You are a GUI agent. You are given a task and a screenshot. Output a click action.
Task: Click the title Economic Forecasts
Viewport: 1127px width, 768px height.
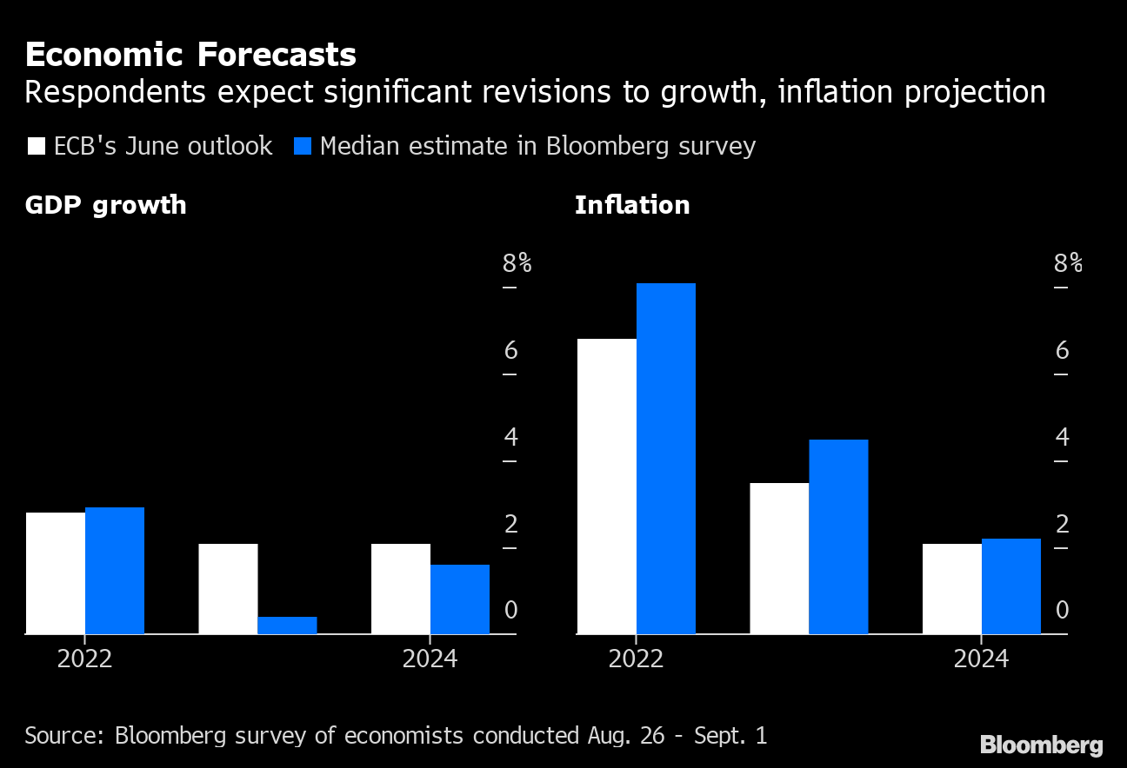(190, 55)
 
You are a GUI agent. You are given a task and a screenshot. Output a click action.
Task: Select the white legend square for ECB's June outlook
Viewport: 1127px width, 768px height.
(37, 146)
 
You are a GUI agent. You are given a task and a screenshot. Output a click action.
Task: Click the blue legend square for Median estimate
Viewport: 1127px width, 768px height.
(302, 146)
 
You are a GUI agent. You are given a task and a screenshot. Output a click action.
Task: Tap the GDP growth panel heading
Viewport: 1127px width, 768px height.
(105, 205)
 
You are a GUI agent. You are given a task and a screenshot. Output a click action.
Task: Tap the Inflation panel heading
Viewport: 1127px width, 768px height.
(631, 205)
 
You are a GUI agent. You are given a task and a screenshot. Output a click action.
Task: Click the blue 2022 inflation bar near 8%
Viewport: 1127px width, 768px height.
(665, 458)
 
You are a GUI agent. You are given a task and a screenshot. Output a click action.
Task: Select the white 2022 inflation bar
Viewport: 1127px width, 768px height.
(606, 487)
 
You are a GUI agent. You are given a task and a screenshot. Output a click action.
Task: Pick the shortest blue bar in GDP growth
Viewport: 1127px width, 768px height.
(287, 626)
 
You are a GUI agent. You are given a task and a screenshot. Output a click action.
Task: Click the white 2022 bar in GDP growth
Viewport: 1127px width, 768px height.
(55, 573)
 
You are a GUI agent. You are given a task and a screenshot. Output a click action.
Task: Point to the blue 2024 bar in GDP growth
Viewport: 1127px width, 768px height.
(460, 599)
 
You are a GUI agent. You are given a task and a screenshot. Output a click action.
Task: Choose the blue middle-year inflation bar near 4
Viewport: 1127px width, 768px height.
(838, 536)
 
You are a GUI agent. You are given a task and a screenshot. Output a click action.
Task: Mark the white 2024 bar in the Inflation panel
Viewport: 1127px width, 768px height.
(951, 589)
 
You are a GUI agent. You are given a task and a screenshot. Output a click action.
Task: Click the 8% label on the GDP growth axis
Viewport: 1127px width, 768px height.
(517, 263)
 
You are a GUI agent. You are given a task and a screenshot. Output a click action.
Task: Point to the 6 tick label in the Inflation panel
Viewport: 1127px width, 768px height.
(1062, 350)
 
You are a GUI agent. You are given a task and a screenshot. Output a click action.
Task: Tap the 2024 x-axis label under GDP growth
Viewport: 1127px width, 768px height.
(430, 659)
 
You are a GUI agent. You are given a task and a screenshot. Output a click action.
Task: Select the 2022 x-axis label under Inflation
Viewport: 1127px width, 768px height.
(636, 659)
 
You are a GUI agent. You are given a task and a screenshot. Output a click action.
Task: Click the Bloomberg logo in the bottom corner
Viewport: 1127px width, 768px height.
(1041, 745)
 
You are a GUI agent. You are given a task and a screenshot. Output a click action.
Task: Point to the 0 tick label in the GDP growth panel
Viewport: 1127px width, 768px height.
(510, 611)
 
